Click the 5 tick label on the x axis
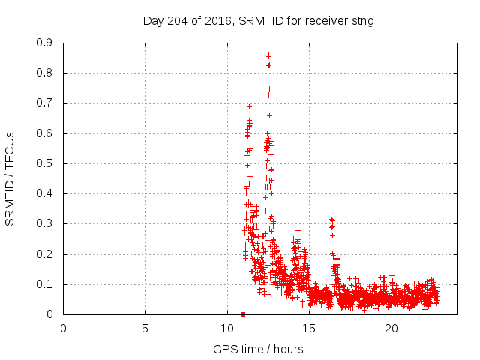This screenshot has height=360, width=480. (145, 328)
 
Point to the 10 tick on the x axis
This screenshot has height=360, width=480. (227, 328)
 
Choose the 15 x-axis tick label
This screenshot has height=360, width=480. (309, 328)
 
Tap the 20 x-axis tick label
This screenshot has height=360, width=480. (391, 328)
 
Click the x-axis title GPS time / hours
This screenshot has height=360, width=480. (258, 349)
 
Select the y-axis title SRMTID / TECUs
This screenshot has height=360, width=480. (10, 178)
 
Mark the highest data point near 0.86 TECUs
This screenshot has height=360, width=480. (268, 55)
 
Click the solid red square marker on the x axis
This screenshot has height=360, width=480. (243, 314)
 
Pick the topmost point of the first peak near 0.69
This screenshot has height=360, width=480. (249, 106)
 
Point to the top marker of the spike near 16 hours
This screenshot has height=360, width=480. (331, 219)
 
